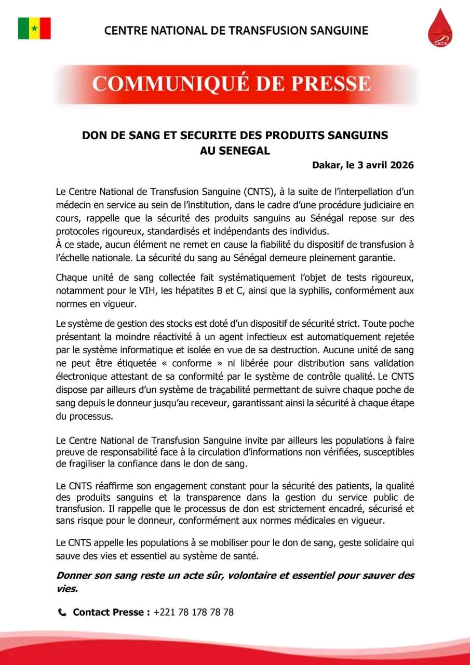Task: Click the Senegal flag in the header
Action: (x=34, y=28)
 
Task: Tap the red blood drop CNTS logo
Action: (x=440, y=28)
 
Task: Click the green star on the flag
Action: (x=34, y=28)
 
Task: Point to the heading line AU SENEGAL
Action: (x=235, y=151)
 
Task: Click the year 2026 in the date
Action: (x=399, y=166)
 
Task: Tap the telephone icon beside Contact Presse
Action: (x=62, y=613)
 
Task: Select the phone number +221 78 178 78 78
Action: (x=193, y=613)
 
